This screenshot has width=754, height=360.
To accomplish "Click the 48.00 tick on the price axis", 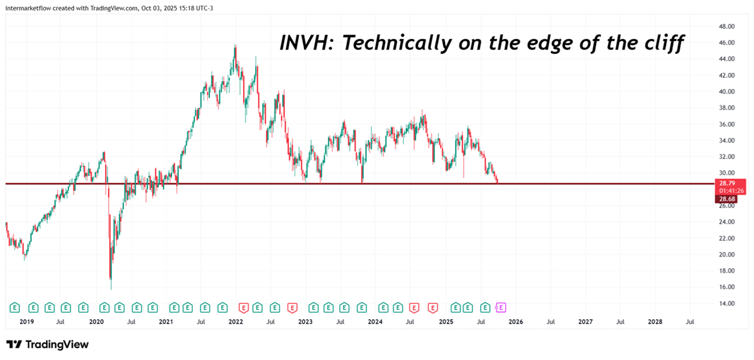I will (727, 26).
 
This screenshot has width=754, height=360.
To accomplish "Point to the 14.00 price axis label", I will (727, 303).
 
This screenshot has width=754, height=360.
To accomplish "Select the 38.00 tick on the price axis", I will (727, 107).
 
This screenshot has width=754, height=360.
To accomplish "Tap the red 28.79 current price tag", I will (728, 182).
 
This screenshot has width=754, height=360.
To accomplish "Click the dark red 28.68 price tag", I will (728, 199).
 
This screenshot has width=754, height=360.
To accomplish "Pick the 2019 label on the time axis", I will (26, 322).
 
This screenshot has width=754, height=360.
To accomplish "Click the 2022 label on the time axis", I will (236, 322).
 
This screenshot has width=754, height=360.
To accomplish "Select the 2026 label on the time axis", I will (515, 322).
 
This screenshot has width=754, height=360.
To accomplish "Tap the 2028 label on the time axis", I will (655, 322).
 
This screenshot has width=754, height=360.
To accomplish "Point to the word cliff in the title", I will (664, 44).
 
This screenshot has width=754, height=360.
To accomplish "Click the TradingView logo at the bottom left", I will (47, 344).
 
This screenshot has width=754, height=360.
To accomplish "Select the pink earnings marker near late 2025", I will (501, 307).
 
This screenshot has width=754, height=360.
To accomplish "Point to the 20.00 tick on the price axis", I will (727, 254).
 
